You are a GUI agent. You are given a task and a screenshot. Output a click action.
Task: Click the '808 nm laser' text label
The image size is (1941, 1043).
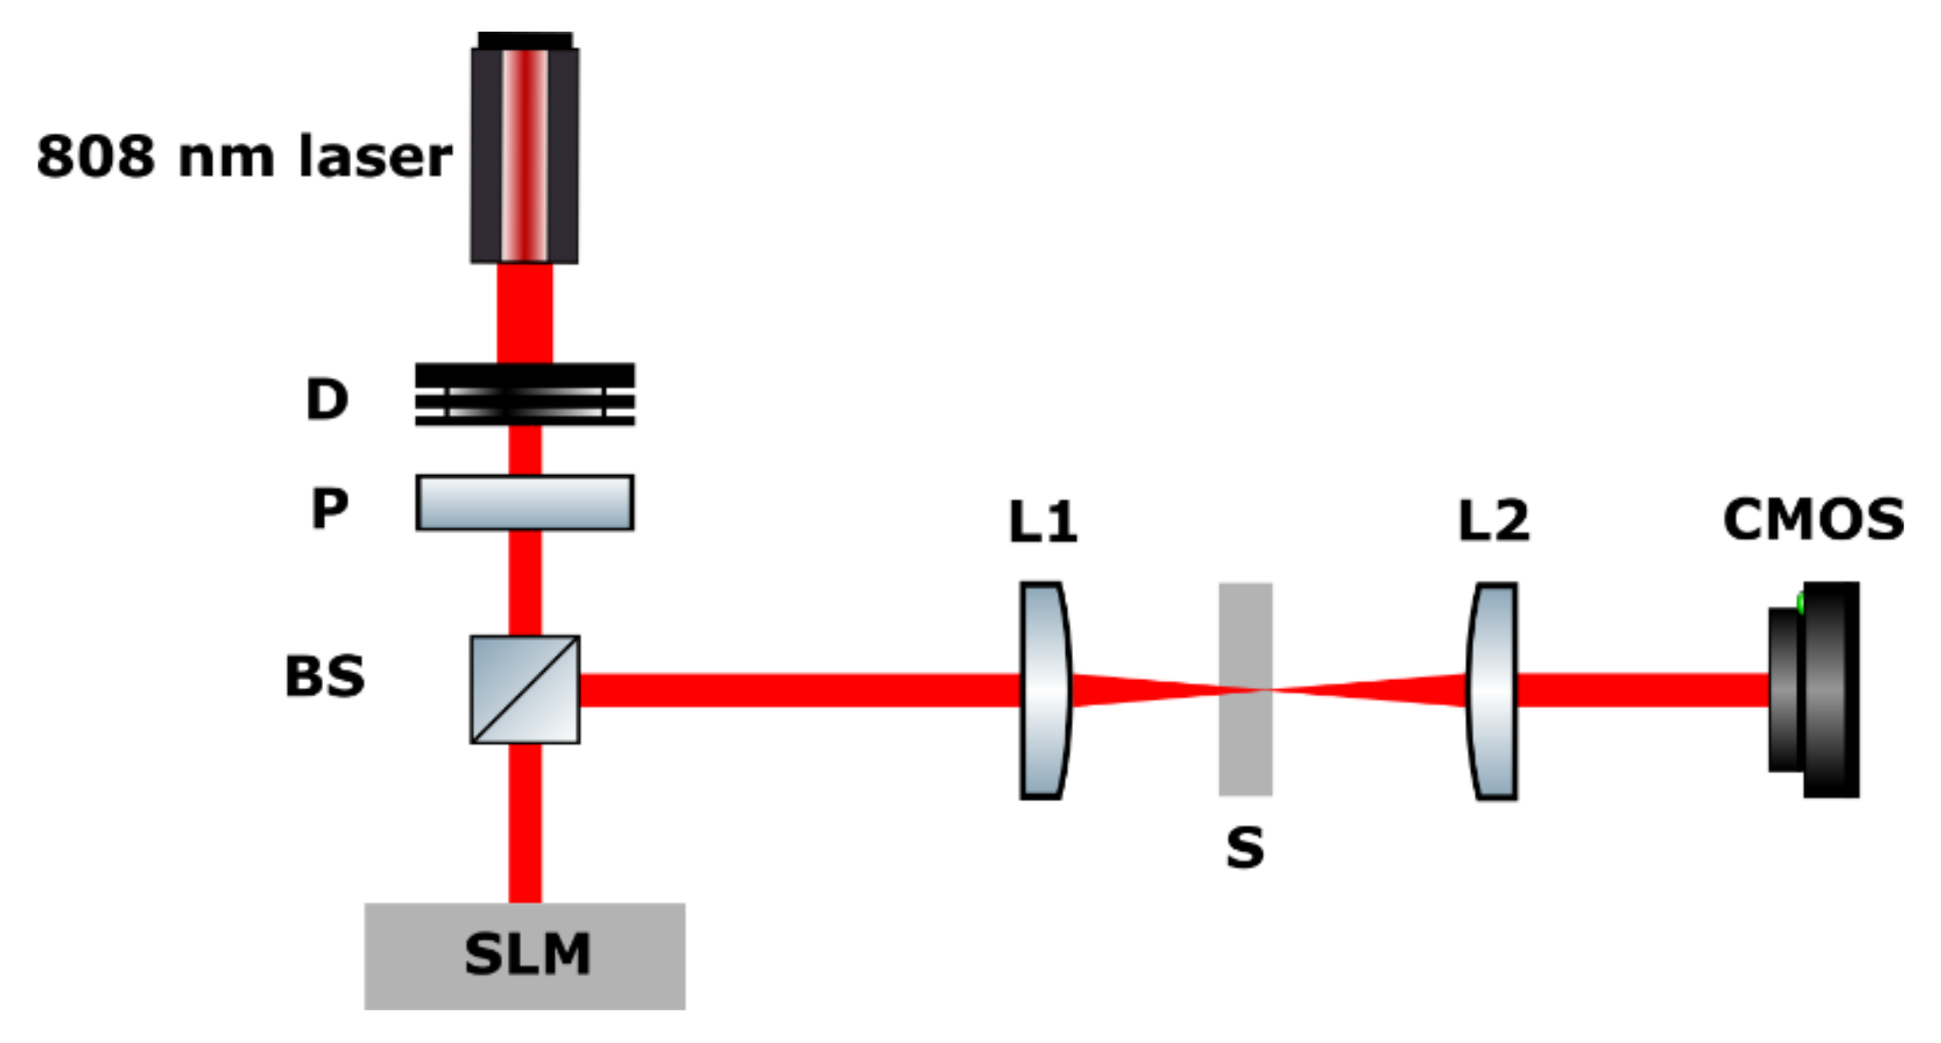click(243, 156)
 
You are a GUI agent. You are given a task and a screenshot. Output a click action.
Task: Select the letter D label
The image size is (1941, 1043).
click(327, 399)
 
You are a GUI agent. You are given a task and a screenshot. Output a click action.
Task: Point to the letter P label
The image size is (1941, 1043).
click(330, 508)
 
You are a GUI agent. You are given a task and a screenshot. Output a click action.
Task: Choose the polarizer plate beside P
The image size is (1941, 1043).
click(525, 503)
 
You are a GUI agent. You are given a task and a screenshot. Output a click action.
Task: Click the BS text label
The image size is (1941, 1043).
click(325, 676)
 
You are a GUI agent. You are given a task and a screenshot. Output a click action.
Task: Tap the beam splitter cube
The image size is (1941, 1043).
click(525, 689)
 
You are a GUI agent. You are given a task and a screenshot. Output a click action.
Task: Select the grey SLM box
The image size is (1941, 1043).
click(525, 955)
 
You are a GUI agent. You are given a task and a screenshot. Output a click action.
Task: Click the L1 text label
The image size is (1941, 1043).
click(1042, 522)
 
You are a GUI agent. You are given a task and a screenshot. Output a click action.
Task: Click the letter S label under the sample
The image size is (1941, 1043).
click(1245, 847)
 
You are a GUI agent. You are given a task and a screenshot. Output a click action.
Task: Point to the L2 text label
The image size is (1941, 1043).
click(1493, 520)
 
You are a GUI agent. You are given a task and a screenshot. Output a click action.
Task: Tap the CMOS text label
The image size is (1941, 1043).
click(1813, 519)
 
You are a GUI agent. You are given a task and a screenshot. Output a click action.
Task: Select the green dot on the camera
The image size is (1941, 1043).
click(1800, 603)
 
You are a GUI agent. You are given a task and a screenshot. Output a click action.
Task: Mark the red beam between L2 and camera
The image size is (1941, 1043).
click(1640, 690)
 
